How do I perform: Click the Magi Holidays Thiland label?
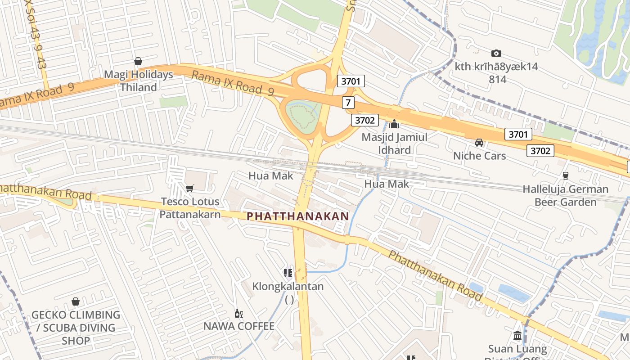pos(139,81)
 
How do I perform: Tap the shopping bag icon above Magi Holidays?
pos(138,61)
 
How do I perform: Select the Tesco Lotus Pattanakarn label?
pos(190,208)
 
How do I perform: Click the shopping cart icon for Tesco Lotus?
pos(190,188)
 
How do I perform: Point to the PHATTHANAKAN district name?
pos(298,216)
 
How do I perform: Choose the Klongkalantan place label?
pos(288,286)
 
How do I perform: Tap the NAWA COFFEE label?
pos(239,326)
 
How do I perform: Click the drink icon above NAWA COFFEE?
pos(238,313)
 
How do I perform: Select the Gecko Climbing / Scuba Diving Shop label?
pos(76,328)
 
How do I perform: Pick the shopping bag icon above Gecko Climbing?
pos(76,301)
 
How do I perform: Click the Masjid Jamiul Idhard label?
pos(395,143)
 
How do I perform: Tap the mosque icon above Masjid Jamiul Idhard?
pos(395,124)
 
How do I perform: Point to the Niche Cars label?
pos(479,156)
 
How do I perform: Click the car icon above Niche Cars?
pos(479,143)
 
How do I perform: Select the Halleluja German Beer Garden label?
pos(565,195)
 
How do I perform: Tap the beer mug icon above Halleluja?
pos(565,176)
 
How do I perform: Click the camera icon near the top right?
pos(496,53)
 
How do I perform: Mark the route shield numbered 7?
pos(348,103)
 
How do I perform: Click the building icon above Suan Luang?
pos(517,336)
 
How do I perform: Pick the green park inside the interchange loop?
pos(302,114)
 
